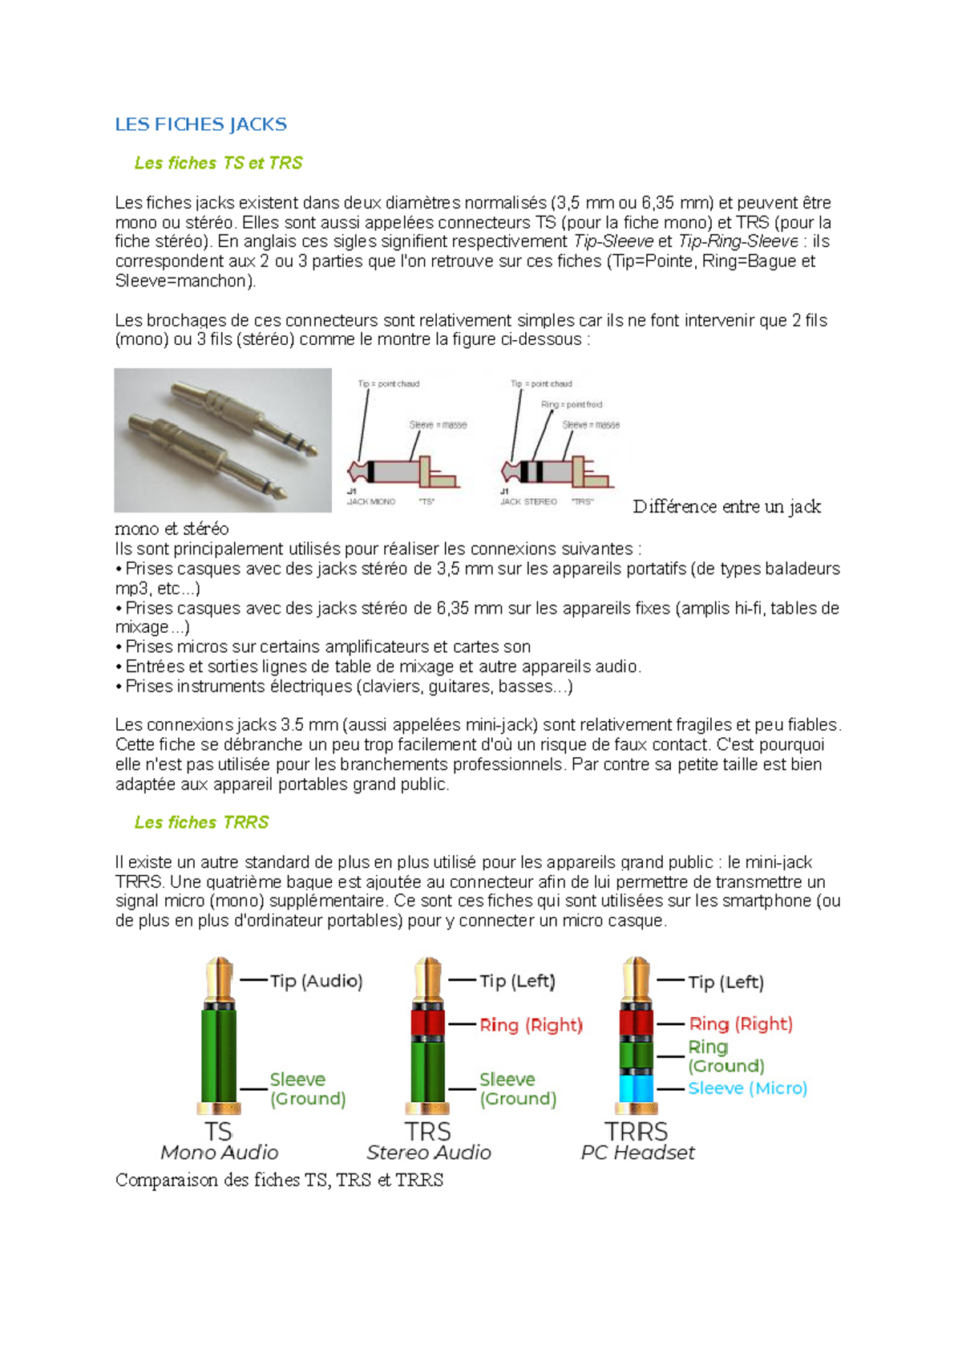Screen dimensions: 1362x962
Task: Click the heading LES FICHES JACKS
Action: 200,124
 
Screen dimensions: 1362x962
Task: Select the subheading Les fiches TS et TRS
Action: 218,163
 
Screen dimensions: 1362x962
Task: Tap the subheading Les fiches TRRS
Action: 201,822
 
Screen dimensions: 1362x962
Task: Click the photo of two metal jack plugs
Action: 223,440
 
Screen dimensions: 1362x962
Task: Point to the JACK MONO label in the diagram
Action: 371,502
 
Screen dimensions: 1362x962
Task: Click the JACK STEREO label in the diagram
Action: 528,502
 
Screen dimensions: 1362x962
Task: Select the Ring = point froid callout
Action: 572,404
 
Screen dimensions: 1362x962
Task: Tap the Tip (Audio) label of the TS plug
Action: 316,981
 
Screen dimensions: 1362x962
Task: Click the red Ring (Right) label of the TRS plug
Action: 531,1025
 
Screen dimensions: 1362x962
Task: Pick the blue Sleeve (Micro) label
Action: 747,1088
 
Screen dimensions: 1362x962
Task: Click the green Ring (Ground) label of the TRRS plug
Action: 726,1056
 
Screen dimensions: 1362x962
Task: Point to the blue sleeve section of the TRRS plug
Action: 637,1088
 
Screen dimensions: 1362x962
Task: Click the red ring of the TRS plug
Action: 427,1023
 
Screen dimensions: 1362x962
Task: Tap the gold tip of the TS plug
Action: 219,979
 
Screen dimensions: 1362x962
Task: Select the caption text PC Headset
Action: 637,1153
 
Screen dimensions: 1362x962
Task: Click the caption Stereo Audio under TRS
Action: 428,1153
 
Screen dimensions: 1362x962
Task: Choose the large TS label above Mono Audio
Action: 218,1131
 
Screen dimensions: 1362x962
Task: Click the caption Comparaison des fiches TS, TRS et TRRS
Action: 279,1180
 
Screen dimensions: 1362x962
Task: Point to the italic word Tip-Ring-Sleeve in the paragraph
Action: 738,241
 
